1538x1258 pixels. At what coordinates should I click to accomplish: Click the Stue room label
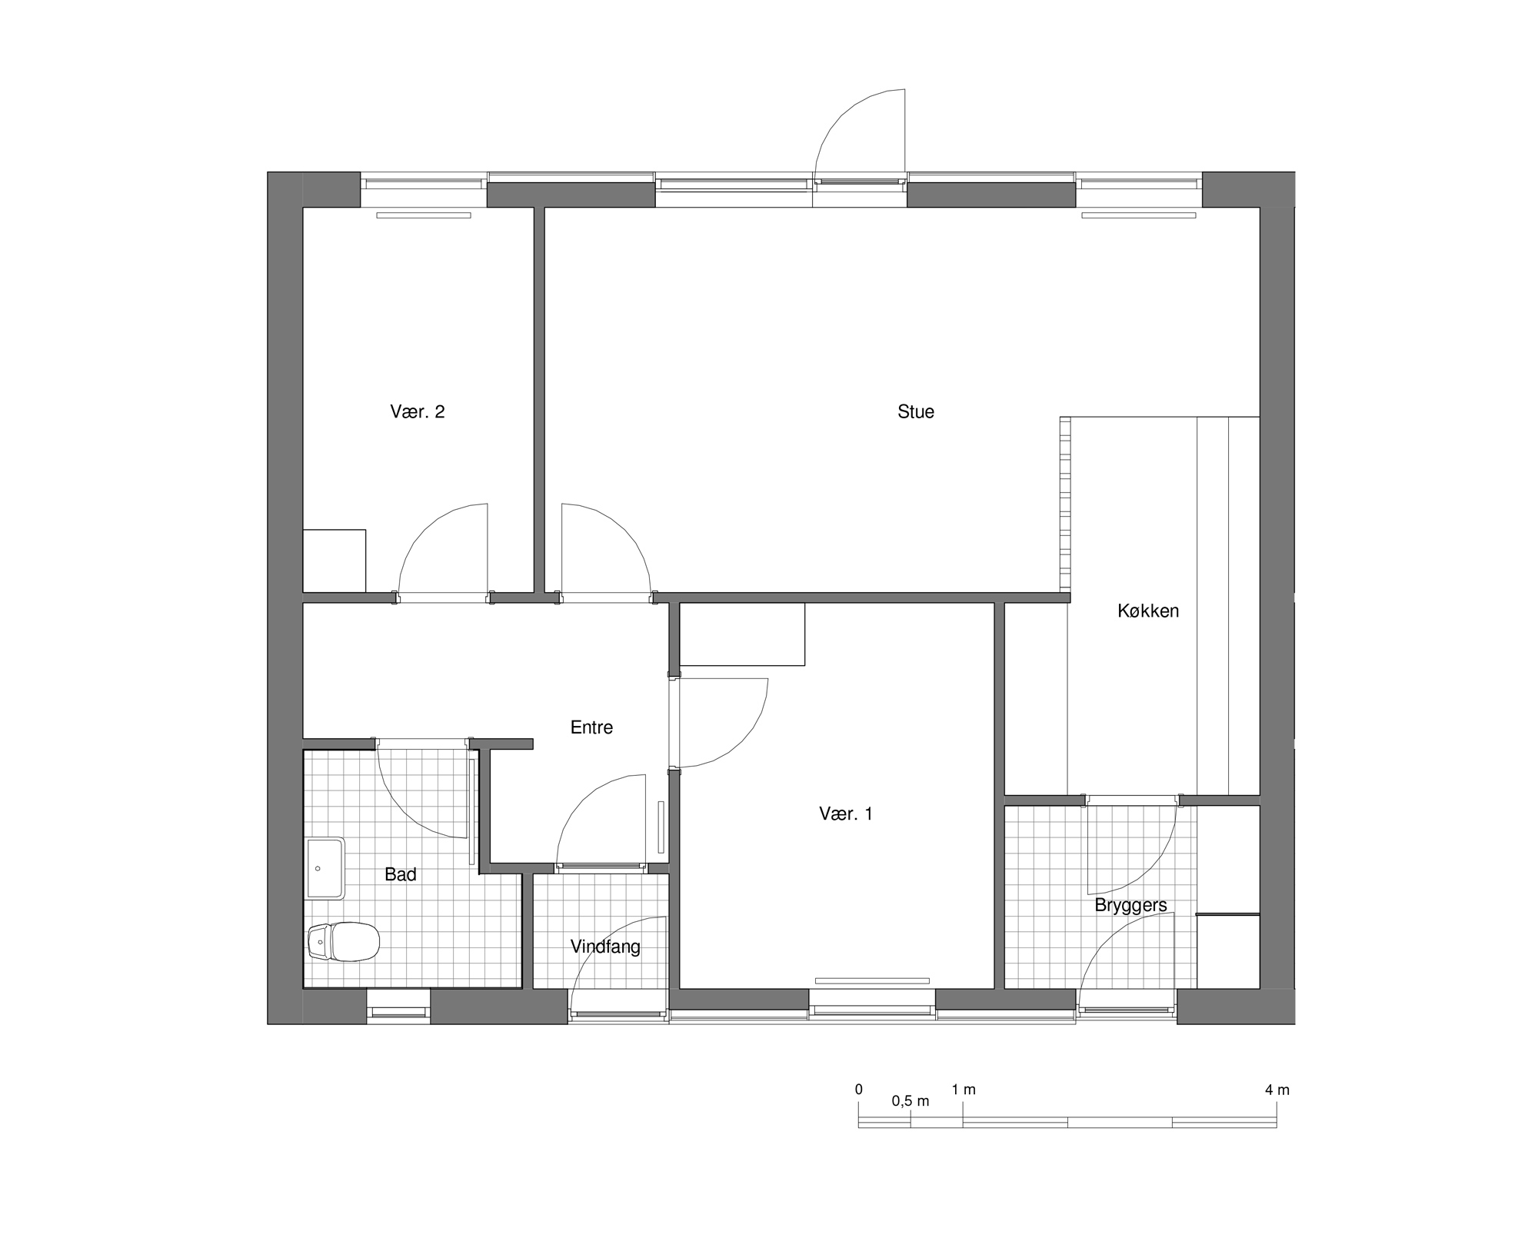(x=915, y=411)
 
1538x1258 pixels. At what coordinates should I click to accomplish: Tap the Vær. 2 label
(x=418, y=411)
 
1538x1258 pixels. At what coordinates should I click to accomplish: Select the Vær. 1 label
(x=846, y=814)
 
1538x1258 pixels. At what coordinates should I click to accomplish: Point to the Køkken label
(x=1147, y=611)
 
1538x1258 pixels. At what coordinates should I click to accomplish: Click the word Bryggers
(x=1130, y=905)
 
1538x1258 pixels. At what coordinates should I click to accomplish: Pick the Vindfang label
(x=605, y=947)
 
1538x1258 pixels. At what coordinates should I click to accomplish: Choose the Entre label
(x=591, y=727)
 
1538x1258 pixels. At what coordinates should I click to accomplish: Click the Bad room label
(x=401, y=874)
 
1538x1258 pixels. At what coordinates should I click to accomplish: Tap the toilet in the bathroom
(x=344, y=941)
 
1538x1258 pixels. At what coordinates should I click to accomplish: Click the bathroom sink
(x=325, y=868)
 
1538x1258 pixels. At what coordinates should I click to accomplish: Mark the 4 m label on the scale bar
(x=1277, y=1090)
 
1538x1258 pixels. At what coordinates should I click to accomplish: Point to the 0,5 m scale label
(x=910, y=1101)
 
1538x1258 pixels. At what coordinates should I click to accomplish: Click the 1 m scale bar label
(x=964, y=1090)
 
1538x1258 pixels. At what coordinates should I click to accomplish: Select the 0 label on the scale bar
(x=859, y=1090)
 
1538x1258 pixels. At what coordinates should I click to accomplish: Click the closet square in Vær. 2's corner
(x=335, y=561)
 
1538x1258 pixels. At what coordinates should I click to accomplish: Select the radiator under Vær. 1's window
(x=873, y=980)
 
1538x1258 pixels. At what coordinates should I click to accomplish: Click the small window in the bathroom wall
(x=398, y=1007)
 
